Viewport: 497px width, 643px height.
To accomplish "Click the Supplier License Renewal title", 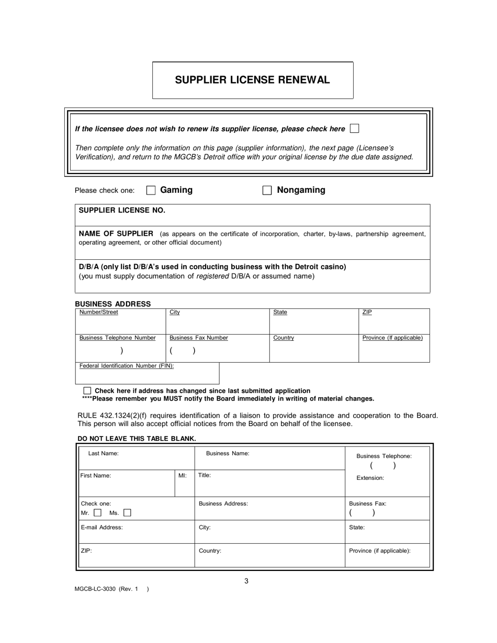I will (252, 80).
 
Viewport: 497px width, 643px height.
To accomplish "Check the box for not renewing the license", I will (354, 128).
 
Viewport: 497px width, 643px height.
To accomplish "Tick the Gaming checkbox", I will (151, 190).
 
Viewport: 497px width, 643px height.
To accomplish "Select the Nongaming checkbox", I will (267, 190).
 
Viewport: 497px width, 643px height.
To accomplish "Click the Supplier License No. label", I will (122, 210).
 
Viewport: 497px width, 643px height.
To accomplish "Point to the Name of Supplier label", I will (116, 234).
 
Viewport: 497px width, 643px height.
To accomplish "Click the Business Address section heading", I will (112, 304).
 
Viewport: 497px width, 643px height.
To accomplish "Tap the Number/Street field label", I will (98, 313).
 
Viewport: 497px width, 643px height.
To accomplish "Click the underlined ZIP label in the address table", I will (367, 313).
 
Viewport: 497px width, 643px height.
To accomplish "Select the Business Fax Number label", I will (198, 338).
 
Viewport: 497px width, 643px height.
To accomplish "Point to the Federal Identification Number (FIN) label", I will (126, 366).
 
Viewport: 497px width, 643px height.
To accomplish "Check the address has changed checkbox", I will (87, 391).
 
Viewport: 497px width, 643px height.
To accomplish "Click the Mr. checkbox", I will (97, 513).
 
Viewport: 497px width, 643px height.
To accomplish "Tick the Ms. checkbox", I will (127, 513).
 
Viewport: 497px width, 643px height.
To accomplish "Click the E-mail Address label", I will (101, 527).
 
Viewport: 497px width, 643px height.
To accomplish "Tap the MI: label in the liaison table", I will (182, 476).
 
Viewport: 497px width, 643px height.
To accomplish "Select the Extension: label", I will (370, 478).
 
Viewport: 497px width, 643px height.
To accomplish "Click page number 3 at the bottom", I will (246, 581).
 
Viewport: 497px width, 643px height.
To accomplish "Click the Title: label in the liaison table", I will (205, 476).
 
